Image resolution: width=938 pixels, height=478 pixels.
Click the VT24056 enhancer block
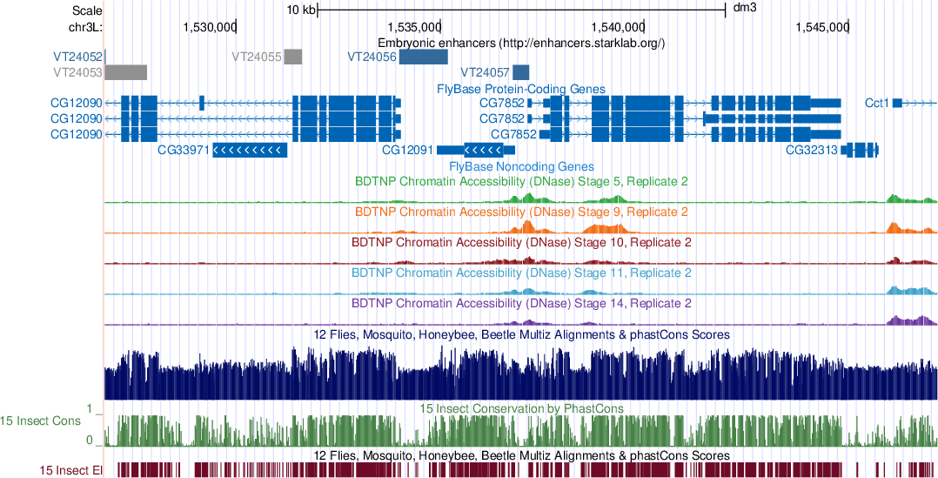pyautogui.click(x=423, y=57)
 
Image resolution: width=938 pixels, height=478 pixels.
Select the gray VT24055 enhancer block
pyautogui.click(x=293, y=57)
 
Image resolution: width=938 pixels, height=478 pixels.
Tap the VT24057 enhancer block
pyautogui.click(x=521, y=71)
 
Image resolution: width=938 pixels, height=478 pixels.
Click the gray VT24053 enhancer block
pyautogui.click(x=126, y=71)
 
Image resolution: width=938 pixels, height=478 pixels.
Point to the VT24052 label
pyautogui.click(x=77, y=57)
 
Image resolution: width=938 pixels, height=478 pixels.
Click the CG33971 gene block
pyautogui.click(x=250, y=150)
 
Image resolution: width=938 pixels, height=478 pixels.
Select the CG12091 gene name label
pyautogui.click(x=407, y=150)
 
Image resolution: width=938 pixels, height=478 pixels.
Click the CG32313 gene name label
pyautogui.click(x=811, y=150)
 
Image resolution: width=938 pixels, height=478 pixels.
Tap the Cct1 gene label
pyautogui.click(x=877, y=103)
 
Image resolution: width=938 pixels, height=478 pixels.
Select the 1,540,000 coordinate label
pyautogui.click(x=617, y=27)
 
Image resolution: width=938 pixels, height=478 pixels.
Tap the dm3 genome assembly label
pyautogui.click(x=745, y=8)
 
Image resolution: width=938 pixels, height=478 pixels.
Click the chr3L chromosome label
pyautogui.click(x=85, y=27)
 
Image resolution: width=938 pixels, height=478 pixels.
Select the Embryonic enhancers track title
pyautogui.click(x=521, y=42)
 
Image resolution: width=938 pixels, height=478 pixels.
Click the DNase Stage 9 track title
pyautogui.click(x=521, y=212)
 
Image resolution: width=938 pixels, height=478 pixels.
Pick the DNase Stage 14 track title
pyautogui.click(x=521, y=304)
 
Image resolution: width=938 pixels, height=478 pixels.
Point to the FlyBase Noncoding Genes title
pyautogui.click(x=521, y=165)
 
